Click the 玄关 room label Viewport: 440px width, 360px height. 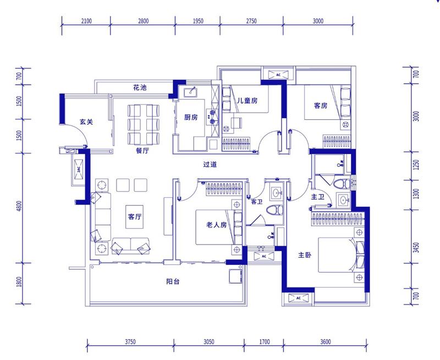point(86,122)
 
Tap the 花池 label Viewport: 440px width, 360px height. point(140,88)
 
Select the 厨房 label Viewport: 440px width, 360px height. point(191,117)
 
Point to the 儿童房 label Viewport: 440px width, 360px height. point(247,101)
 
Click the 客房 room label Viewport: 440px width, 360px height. point(321,106)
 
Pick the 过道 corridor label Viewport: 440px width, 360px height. point(210,164)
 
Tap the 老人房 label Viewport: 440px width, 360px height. point(216,225)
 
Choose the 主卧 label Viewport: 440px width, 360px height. point(305,255)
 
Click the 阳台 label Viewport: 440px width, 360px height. point(173,281)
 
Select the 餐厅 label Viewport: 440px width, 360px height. point(142,151)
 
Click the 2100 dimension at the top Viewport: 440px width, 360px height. point(86,21)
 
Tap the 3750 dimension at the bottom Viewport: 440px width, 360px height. point(130,342)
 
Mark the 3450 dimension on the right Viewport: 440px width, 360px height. point(416,247)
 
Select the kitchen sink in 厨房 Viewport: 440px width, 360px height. point(191,92)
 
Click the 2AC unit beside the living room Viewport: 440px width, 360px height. point(79,169)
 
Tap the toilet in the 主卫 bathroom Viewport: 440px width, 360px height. point(342,184)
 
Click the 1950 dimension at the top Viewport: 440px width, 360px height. point(198,21)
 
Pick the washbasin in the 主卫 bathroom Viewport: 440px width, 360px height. point(343,200)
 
